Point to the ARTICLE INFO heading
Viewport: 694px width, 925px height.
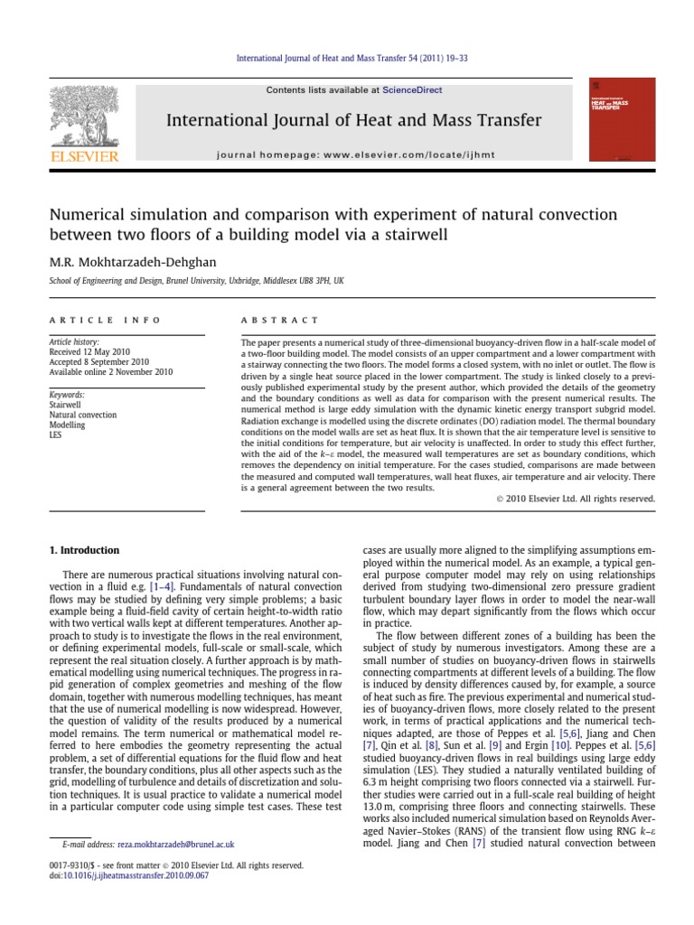coord(105,320)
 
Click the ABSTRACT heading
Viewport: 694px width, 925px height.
coord(279,320)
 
